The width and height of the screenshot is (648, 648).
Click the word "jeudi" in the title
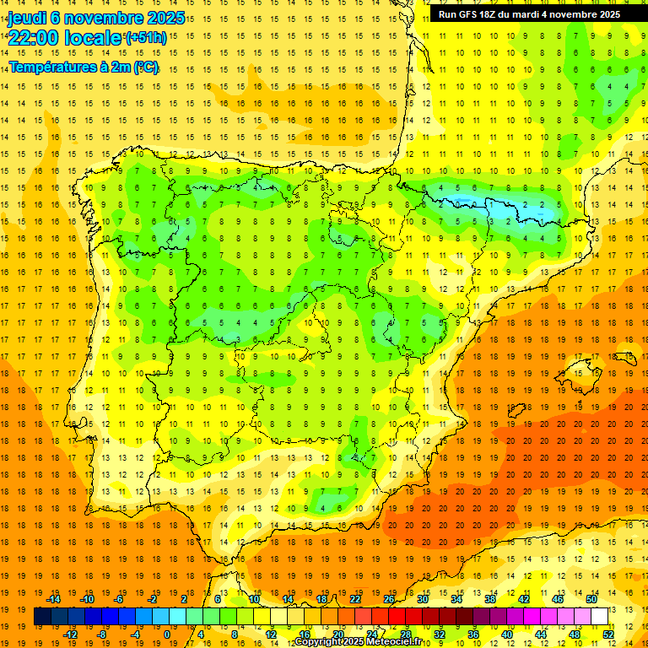pos(26,17)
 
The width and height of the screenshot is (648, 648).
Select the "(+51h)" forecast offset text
pos(145,38)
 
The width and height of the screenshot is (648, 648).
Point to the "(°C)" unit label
pos(145,67)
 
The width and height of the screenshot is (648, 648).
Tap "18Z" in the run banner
pos(492,14)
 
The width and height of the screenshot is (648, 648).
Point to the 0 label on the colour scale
pos(167,634)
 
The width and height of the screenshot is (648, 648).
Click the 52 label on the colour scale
pos(608,634)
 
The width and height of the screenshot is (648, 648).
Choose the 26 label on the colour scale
pos(389,599)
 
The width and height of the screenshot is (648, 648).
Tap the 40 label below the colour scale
pos(507,634)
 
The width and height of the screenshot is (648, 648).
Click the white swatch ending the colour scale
pos(599,617)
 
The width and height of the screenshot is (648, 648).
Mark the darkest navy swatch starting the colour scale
pos(42,617)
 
